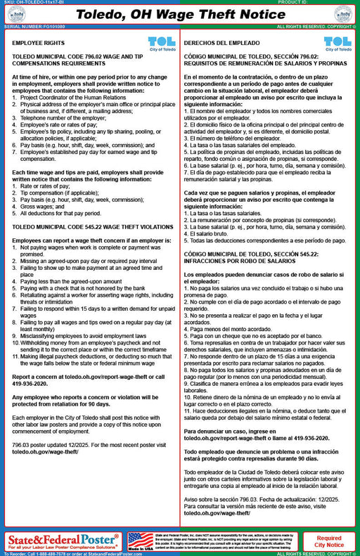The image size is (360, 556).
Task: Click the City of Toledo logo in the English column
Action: [x=162, y=44]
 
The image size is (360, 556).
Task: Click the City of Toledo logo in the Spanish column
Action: [x=337, y=44]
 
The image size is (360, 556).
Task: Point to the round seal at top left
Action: [x=15, y=14]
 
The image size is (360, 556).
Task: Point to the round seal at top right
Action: [x=344, y=14]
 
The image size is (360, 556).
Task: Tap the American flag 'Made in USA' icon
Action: [x=141, y=541]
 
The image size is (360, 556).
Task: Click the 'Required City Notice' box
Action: [x=329, y=541]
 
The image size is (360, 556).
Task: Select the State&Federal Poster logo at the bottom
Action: [x=64, y=540]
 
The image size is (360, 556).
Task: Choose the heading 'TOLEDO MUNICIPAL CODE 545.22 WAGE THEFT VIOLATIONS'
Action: [x=83, y=228]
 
